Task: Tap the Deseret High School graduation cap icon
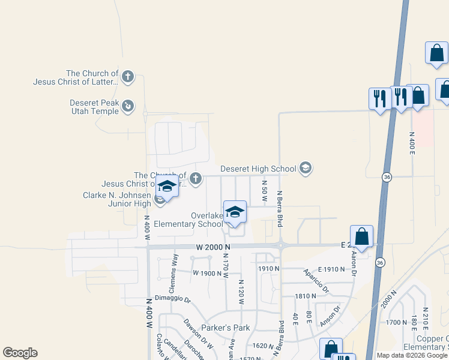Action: tap(306, 168)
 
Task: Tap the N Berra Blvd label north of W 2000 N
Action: tap(279, 209)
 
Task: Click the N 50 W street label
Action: tap(264, 190)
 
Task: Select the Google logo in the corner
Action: tap(20, 353)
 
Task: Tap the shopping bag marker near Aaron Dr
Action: tap(361, 236)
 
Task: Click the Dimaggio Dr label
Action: tap(172, 299)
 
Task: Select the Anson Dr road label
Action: tap(330, 317)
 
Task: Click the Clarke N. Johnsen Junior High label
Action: tap(117, 199)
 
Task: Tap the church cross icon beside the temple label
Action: tap(127, 77)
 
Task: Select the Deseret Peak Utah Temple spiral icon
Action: tap(127, 107)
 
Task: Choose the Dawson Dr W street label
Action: tap(199, 334)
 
